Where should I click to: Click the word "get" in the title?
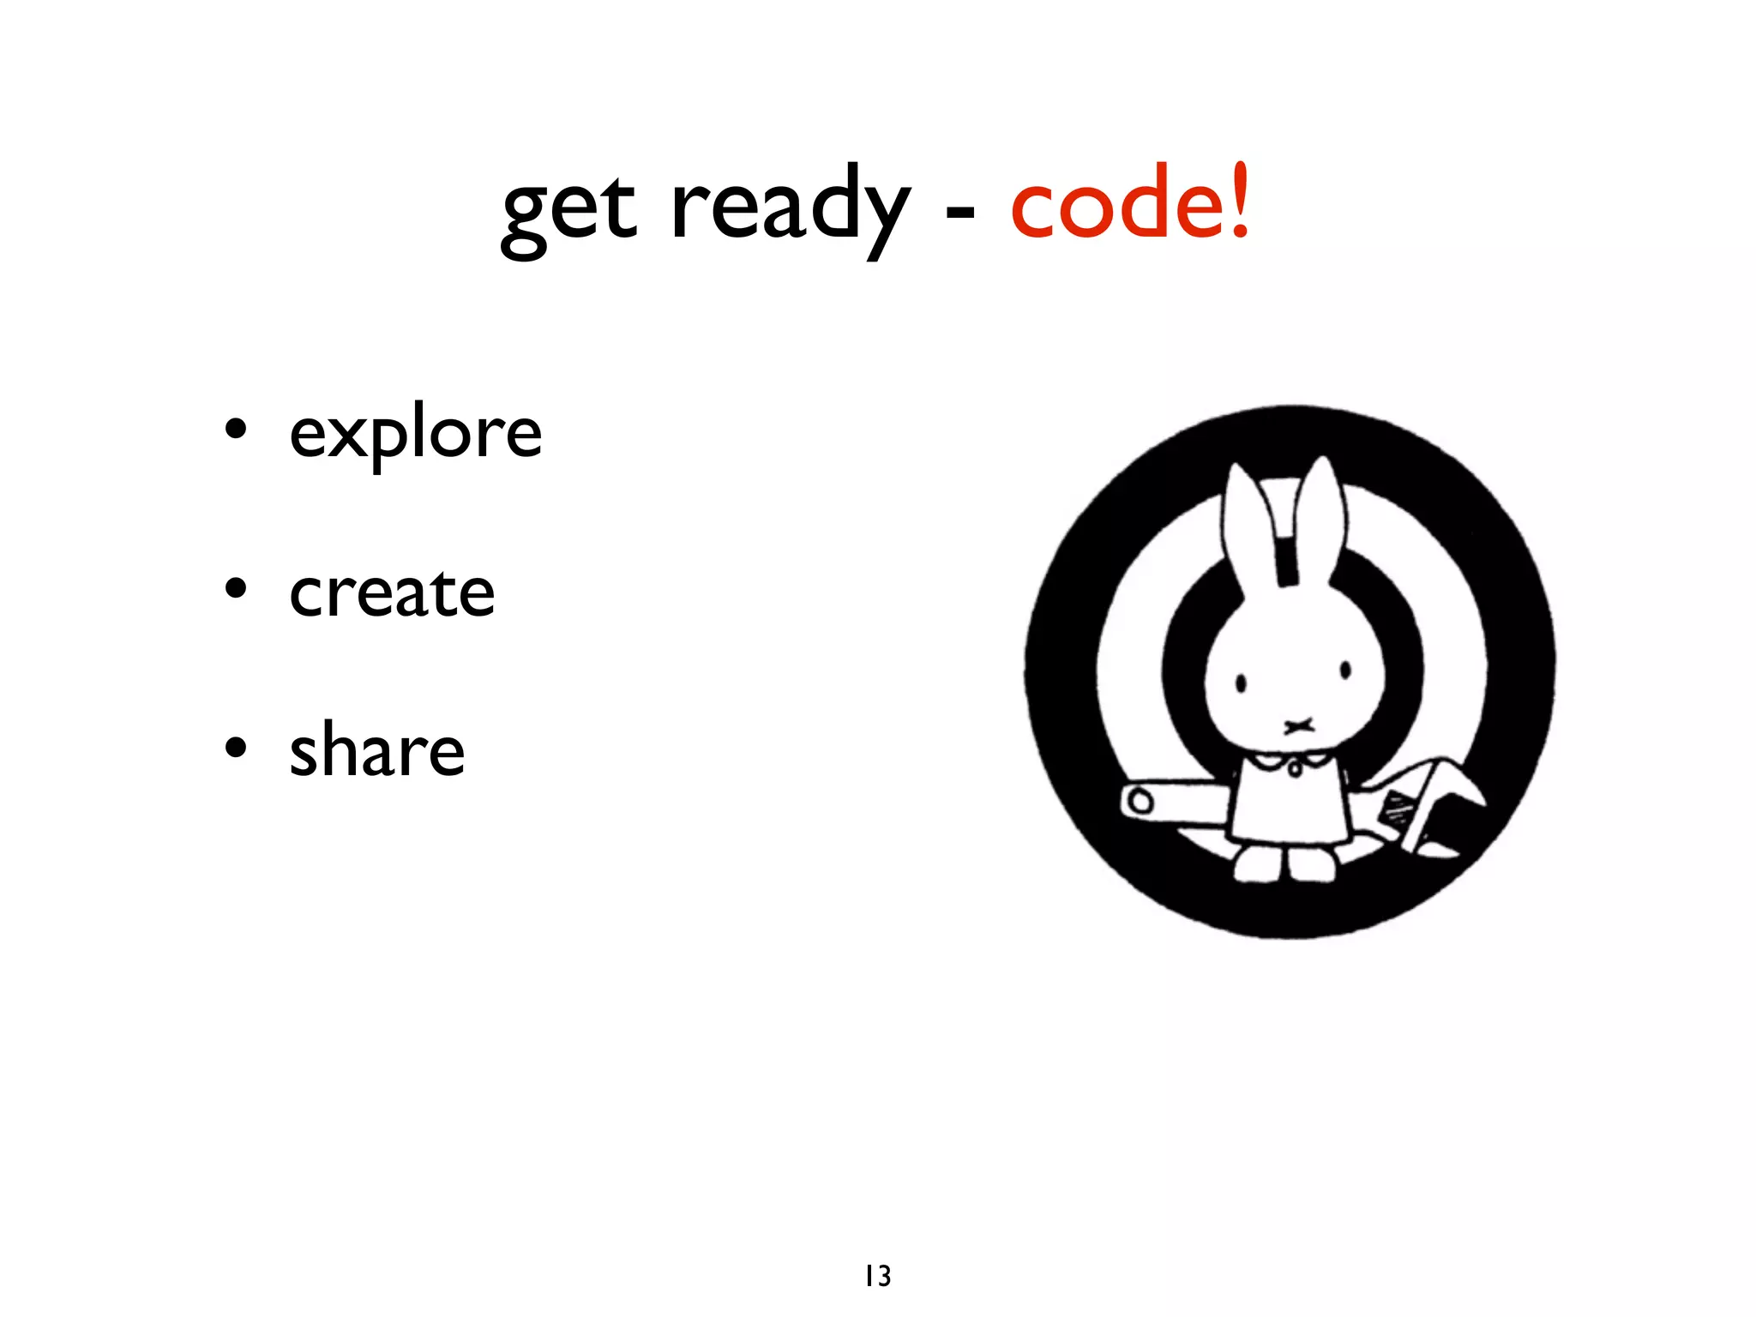[x=568, y=210]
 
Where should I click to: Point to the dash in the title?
[x=959, y=211]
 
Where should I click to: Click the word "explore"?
[x=416, y=434]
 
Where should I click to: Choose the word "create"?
[x=392, y=592]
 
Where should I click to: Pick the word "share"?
[x=377, y=751]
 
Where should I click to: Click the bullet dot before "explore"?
[x=236, y=429]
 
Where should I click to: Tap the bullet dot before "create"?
[x=236, y=588]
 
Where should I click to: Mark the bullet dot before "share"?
[x=236, y=747]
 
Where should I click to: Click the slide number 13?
[x=878, y=1276]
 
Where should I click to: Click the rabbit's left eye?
[x=1241, y=683]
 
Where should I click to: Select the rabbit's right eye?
[x=1345, y=671]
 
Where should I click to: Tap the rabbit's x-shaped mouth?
[x=1299, y=726]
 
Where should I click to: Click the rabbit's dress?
[x=1289, y=806]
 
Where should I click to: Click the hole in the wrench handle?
[x=1140, y=803]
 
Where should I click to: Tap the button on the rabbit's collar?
[x=1295, y=769]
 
